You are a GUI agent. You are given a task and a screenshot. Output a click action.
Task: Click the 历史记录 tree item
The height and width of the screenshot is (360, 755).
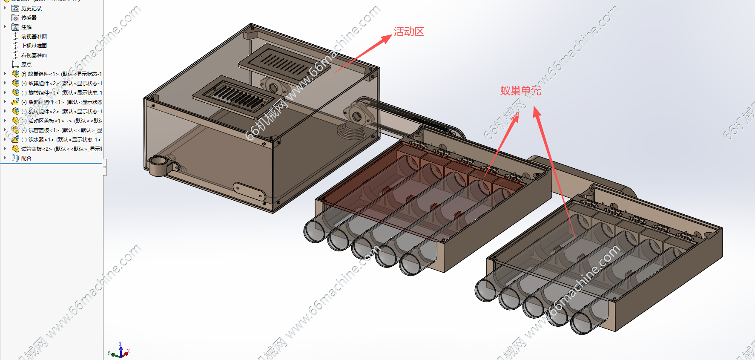point(31,9)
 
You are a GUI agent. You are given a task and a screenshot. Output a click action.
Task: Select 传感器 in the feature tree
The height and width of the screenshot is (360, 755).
point(29,18)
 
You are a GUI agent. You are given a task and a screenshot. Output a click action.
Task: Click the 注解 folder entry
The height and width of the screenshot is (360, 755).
point(26,27)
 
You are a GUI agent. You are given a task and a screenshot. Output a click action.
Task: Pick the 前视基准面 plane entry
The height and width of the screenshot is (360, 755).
point(34,37)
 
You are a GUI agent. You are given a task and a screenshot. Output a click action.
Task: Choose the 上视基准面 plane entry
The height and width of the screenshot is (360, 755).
point(34,46)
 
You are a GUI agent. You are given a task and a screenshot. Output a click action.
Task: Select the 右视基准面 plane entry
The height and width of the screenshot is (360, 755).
point(34,55)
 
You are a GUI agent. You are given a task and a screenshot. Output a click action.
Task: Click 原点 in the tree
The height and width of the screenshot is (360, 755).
point(26,65)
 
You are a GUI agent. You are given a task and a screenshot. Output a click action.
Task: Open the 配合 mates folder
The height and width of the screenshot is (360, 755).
point(26,158)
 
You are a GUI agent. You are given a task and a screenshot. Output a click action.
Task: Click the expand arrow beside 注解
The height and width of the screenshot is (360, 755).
point(5,27)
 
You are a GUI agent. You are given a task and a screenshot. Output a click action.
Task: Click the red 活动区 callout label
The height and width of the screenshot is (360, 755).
point(409,32)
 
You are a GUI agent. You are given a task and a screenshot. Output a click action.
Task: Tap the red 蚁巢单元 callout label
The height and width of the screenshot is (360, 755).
point(520,91)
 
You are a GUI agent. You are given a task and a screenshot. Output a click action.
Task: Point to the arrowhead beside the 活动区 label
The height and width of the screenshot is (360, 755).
point(386,39)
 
